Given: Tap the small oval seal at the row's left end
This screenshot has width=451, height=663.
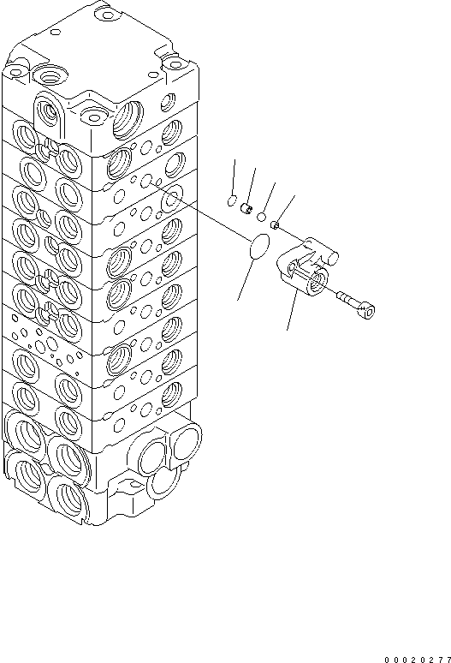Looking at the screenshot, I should click(230, 201).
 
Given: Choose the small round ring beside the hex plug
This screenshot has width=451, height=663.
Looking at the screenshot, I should click(260, 217).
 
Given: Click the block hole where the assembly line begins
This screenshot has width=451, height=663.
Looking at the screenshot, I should click(146, 183).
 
